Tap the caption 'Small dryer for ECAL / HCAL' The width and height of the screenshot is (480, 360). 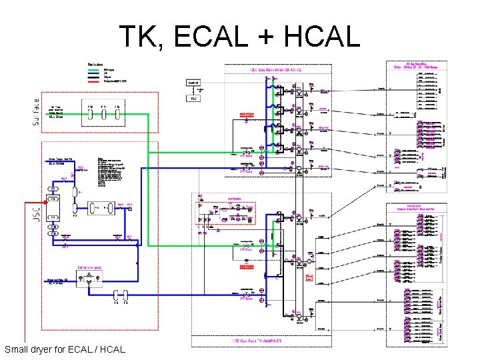coord(64,349)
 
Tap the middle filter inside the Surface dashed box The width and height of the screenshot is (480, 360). coord(103,113)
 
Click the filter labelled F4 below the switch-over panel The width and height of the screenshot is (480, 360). coord(115,294)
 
